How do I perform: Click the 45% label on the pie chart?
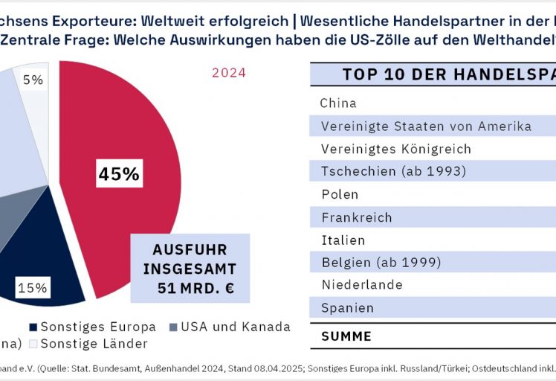[x=119, y=174]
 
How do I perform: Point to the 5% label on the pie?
[x=32, y=78]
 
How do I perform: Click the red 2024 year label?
[x=229, y=73]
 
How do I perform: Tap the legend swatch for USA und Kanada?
[x=174, y=327]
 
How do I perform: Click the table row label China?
[x=338, y=103]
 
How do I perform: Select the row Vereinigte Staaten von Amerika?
[x=426, y=127]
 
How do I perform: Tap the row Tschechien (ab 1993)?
[x=393, y=172]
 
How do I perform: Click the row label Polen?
[x=340, y=194]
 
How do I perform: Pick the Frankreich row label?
[x=356, y=217]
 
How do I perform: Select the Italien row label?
[x=343, y=240]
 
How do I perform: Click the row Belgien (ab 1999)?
[x=381, y=263]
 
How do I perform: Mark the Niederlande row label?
[x=362, y=285]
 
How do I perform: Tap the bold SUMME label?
[x=346, y=336]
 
